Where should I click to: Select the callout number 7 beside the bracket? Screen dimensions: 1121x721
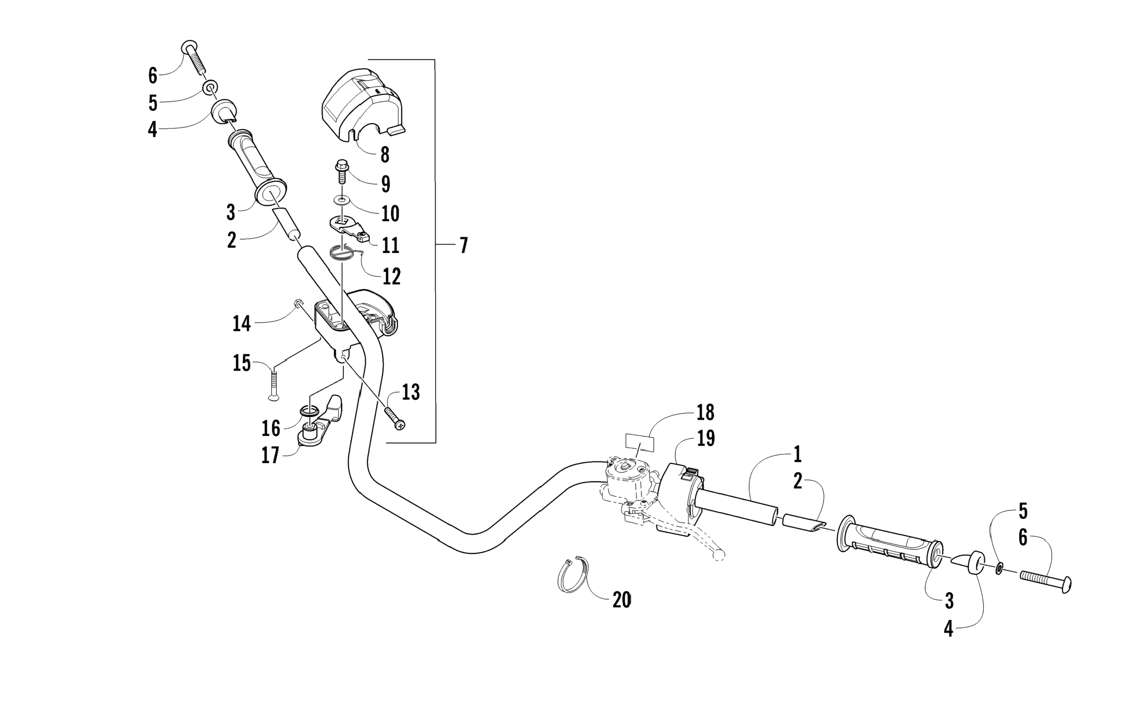coord(463,245)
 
